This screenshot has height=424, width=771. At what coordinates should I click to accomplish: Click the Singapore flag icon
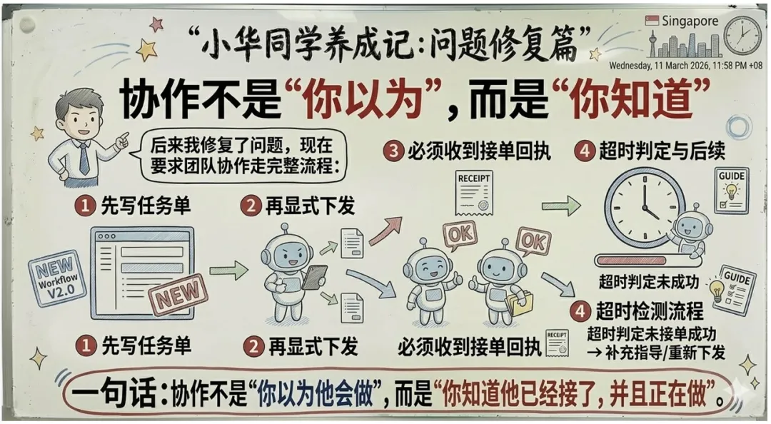652,21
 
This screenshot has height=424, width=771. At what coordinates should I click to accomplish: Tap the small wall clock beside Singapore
742,35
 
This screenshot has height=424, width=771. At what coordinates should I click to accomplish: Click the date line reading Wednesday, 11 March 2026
684,66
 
